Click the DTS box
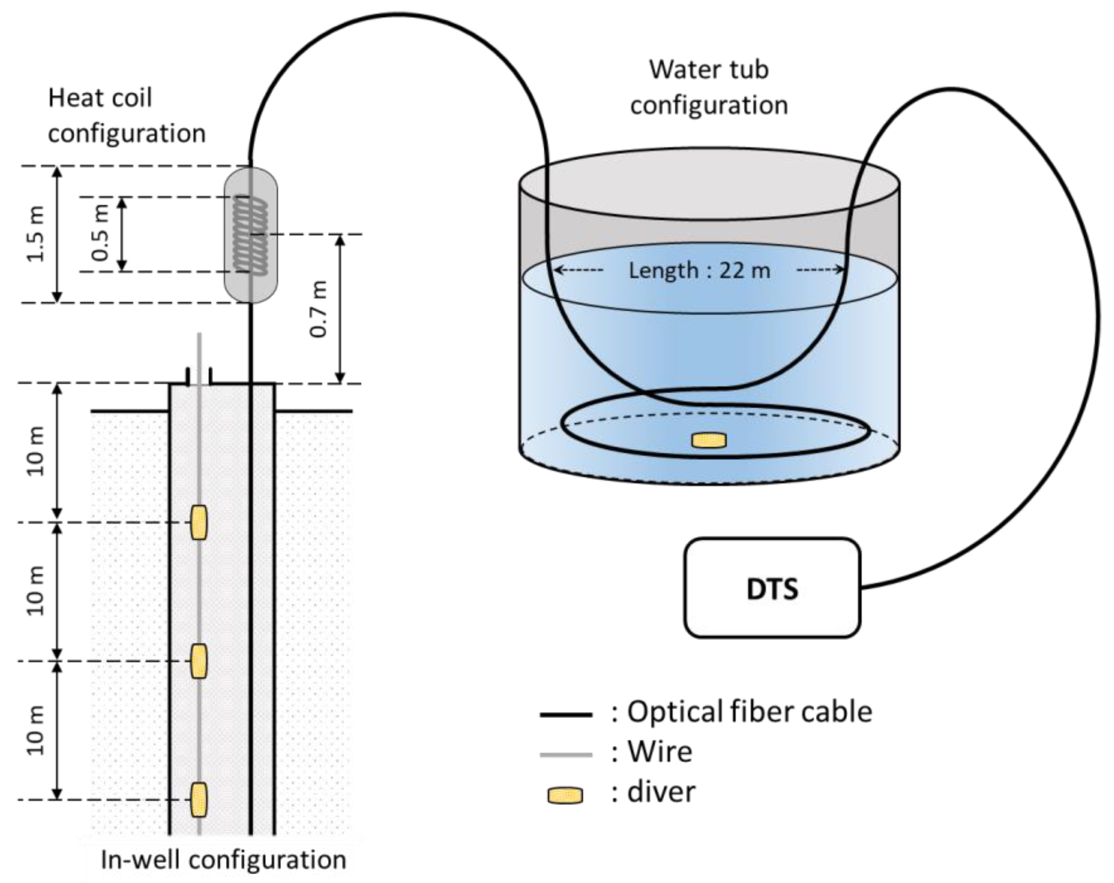(772, 588)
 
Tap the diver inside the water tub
(709, 441)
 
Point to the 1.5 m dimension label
(36, 234)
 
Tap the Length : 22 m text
(699, 270)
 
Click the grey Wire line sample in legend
(565, 755)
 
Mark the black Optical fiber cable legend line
(565, 715)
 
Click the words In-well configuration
(223, 860)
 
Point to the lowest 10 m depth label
(36, 730)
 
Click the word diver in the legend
(661, 792)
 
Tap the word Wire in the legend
(659, 751)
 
